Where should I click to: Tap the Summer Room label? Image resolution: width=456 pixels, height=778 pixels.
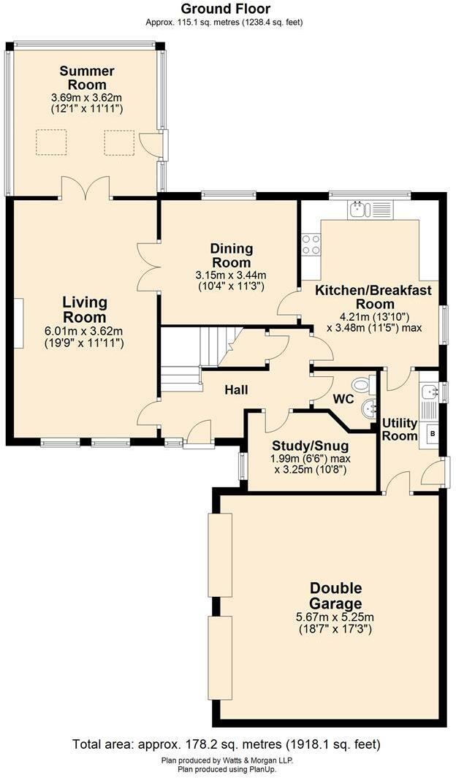[87, 78]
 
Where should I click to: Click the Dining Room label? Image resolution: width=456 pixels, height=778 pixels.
[231, 256]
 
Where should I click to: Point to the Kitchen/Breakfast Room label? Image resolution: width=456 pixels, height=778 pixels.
[373, 297]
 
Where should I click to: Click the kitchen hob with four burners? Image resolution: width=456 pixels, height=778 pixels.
[311, 244]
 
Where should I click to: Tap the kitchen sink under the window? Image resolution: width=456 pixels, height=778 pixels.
[358, 210]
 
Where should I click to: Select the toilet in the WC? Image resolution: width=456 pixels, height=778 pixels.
[361, 385]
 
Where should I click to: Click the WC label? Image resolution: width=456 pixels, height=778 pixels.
[343, 400]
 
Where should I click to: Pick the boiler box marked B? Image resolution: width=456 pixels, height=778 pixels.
[432, 432]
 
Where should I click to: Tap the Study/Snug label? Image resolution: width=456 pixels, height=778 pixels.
[310, 446]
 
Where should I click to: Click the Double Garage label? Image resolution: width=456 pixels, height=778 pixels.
[335, 596]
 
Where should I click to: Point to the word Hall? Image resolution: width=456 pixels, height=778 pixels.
[236, 390]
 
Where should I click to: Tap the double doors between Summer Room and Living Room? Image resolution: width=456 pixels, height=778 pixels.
[85, 189]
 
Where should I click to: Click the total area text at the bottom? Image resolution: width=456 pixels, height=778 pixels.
[227, 744]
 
